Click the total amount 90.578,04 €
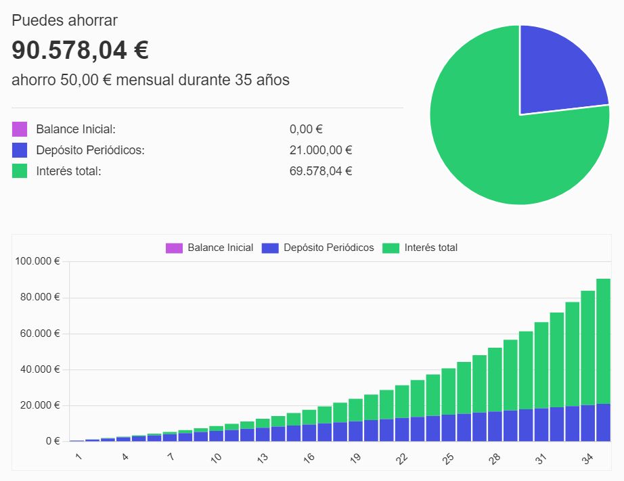coord(81,50)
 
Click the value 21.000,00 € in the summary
coord(321,150)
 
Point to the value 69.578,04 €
coord(321,171)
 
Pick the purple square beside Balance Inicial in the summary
coord(20,129)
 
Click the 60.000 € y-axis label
coord(43,334)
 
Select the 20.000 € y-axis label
coord(43,405)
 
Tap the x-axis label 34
coord(587,459)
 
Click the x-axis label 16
coord(309,459)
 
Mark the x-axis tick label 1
coord(79,458)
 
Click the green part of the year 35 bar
coord(603,338)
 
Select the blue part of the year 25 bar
coord(448,428)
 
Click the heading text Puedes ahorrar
coord(64,20)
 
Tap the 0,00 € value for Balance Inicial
coord(306,129)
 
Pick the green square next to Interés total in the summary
coord(20,171)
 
